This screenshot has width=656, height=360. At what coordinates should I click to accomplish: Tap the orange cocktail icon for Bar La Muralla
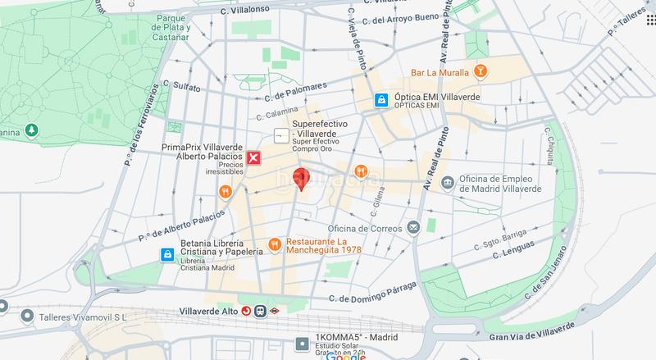point(481,73)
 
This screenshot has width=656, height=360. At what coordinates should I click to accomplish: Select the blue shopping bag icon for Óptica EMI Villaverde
point(380,100)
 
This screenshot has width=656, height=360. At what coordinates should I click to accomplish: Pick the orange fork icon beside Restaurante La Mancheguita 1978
point(274,244)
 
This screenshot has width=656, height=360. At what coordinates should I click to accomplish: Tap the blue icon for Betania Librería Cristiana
point(167,254)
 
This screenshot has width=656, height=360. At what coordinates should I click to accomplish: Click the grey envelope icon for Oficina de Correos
point(415,226)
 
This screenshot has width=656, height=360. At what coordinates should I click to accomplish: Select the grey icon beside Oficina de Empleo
point(447,182)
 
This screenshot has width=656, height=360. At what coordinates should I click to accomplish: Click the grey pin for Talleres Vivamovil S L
point(28,317)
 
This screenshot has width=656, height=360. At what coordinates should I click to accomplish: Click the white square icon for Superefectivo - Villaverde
point(280,134)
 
